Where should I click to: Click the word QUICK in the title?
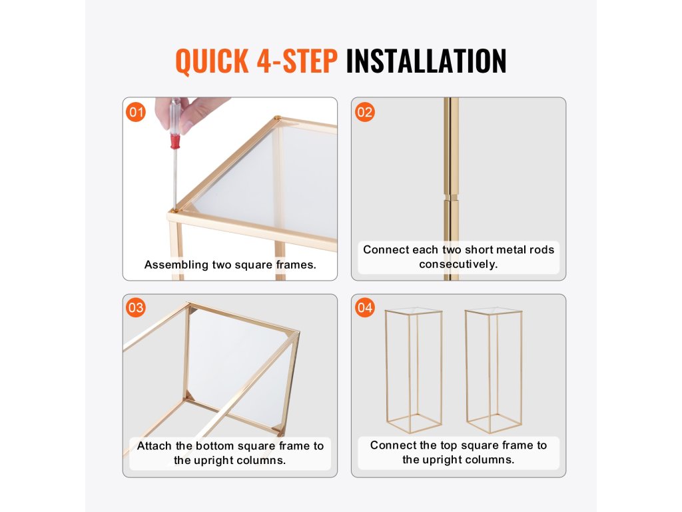point(212,61)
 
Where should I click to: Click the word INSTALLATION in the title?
point(426,61)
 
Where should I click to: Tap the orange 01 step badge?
point(136,112)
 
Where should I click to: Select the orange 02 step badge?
point(364,112)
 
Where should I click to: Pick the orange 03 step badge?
point(136,308)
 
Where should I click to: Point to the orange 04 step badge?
point(364,308)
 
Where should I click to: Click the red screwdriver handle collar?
point(175,141)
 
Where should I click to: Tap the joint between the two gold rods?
point(451,197)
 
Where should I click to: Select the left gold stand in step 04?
point(413,371)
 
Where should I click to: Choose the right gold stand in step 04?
point(494,371)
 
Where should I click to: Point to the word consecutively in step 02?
point(458,264)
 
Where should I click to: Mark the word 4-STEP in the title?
point(296,61)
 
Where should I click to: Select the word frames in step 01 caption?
point(296,265)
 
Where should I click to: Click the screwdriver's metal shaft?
point(175,179)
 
